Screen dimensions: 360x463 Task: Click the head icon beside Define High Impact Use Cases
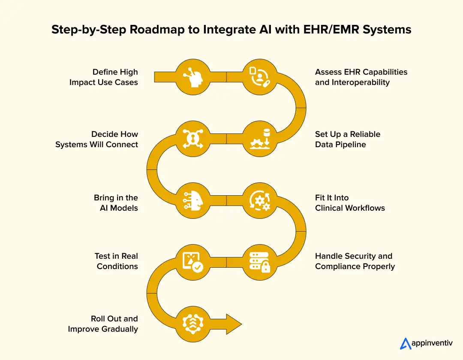pos(193,77)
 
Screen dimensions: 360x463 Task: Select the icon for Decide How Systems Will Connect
pos(193,138)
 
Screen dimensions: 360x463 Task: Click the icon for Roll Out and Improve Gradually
pos(193,324)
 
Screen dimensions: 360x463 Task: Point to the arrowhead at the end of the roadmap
pos(233,324)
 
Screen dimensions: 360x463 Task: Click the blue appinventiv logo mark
pos(405,344)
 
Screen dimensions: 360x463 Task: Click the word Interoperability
pos(352,82)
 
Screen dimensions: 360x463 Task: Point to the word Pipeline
pos(351,145)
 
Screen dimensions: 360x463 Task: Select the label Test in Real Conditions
pos(116,261)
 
